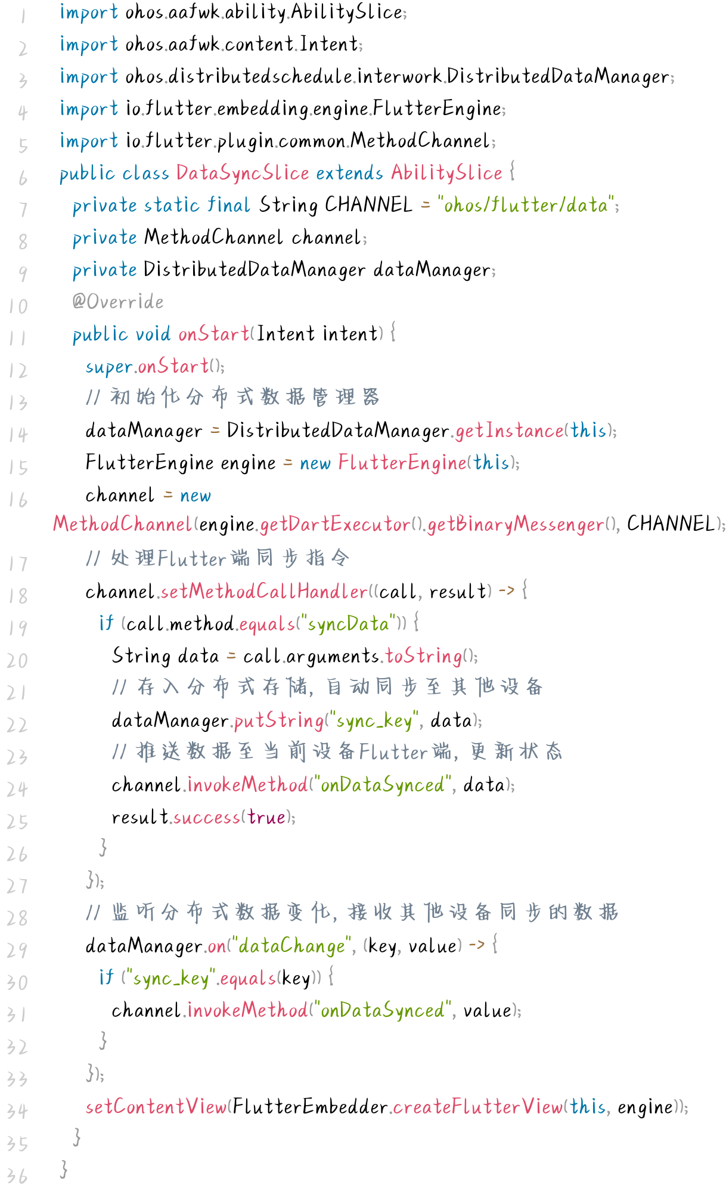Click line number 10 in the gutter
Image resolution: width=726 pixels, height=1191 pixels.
coord(18,306)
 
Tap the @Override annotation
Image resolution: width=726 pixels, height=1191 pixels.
coord(118,302)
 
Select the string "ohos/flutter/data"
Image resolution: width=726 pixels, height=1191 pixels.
coord(526,205)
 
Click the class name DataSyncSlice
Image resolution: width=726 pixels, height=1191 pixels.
coord(243,173)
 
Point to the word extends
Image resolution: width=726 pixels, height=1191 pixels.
coord(349,173)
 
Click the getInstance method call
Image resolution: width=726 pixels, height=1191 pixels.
coord(510,431)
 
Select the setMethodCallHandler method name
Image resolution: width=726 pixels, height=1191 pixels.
coord(264,592)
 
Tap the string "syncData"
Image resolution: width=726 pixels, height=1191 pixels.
coord(349,624)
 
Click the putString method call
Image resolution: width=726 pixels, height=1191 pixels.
coord(279,720)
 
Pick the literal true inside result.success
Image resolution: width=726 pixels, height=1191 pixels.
coord(266,817)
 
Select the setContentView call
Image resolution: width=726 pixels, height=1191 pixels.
coord(156,1107)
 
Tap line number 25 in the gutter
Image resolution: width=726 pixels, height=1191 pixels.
coord(17,822)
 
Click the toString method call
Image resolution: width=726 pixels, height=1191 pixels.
coord(424,656)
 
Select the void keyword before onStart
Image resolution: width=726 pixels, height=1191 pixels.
coord(153,334)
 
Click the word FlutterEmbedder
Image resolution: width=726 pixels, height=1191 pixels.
coord(310,1107)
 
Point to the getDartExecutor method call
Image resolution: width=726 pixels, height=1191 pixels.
coord(335,524)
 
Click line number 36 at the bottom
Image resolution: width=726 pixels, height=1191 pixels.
coord(17,1176)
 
